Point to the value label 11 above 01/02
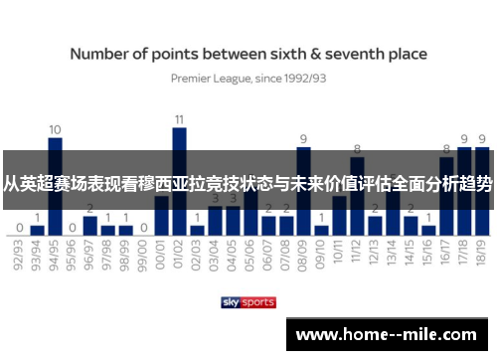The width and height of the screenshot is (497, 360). [180, 119]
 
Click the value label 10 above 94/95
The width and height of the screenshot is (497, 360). [56, 129]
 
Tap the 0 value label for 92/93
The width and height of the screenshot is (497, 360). [20, 227]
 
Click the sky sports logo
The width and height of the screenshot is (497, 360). [248, 302]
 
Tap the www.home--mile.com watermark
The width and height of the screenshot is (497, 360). [390, 335]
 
